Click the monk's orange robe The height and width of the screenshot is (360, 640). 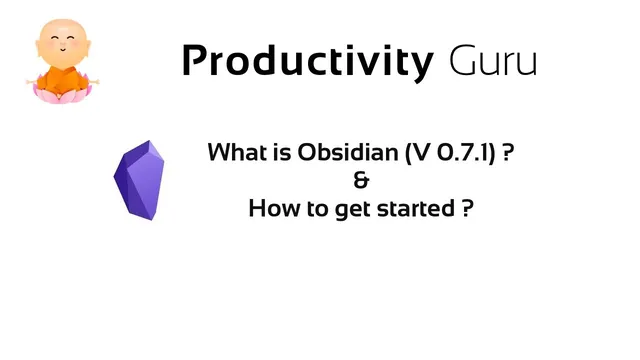click(57, 74)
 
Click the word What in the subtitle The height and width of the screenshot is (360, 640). click(234, 154)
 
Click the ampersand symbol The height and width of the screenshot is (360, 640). click(361, 182)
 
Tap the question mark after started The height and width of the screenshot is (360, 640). click(466, 210)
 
